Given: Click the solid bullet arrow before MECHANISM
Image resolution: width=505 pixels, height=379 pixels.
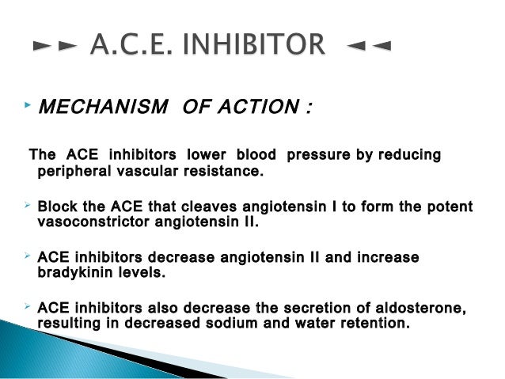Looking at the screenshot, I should coord(27,104).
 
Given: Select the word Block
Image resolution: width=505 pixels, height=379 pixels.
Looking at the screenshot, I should coord(59,207).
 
